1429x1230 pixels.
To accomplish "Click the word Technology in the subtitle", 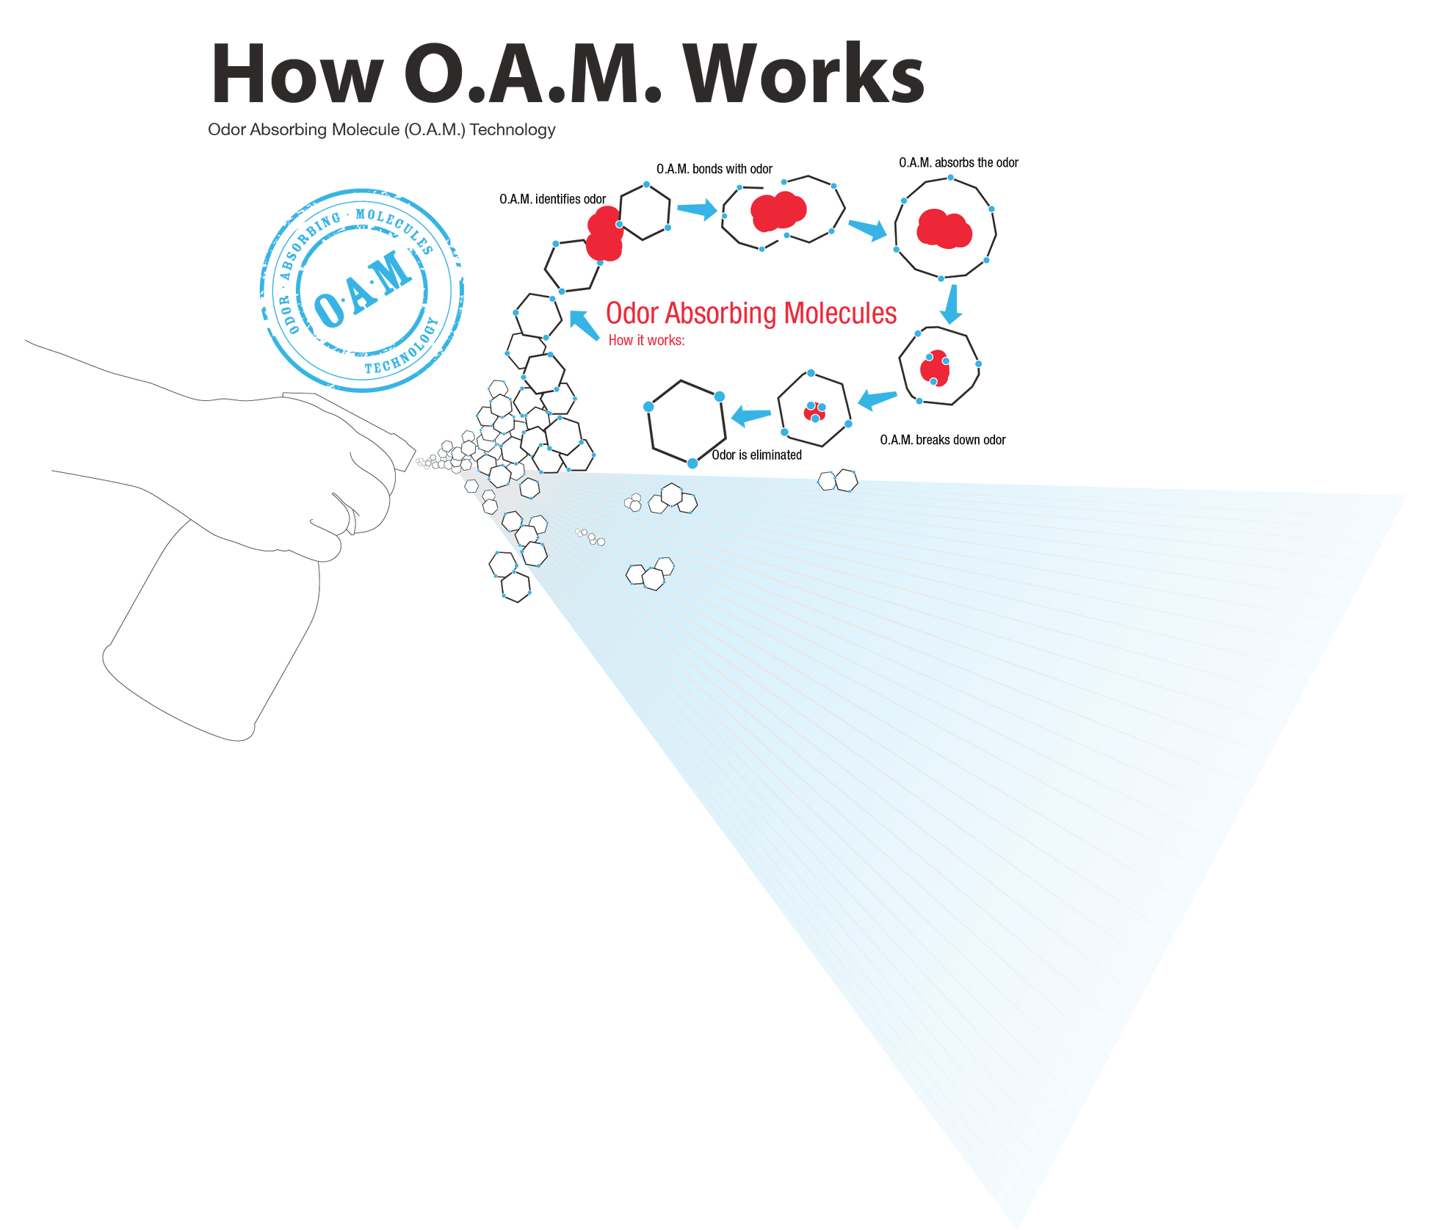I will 513,130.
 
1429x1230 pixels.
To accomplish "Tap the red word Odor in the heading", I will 631,313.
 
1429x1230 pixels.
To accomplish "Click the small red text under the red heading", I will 646,341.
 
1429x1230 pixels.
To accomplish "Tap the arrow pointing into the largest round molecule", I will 868,230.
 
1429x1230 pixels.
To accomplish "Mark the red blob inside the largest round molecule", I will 944,228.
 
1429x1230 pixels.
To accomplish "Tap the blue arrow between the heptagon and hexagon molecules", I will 877,400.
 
